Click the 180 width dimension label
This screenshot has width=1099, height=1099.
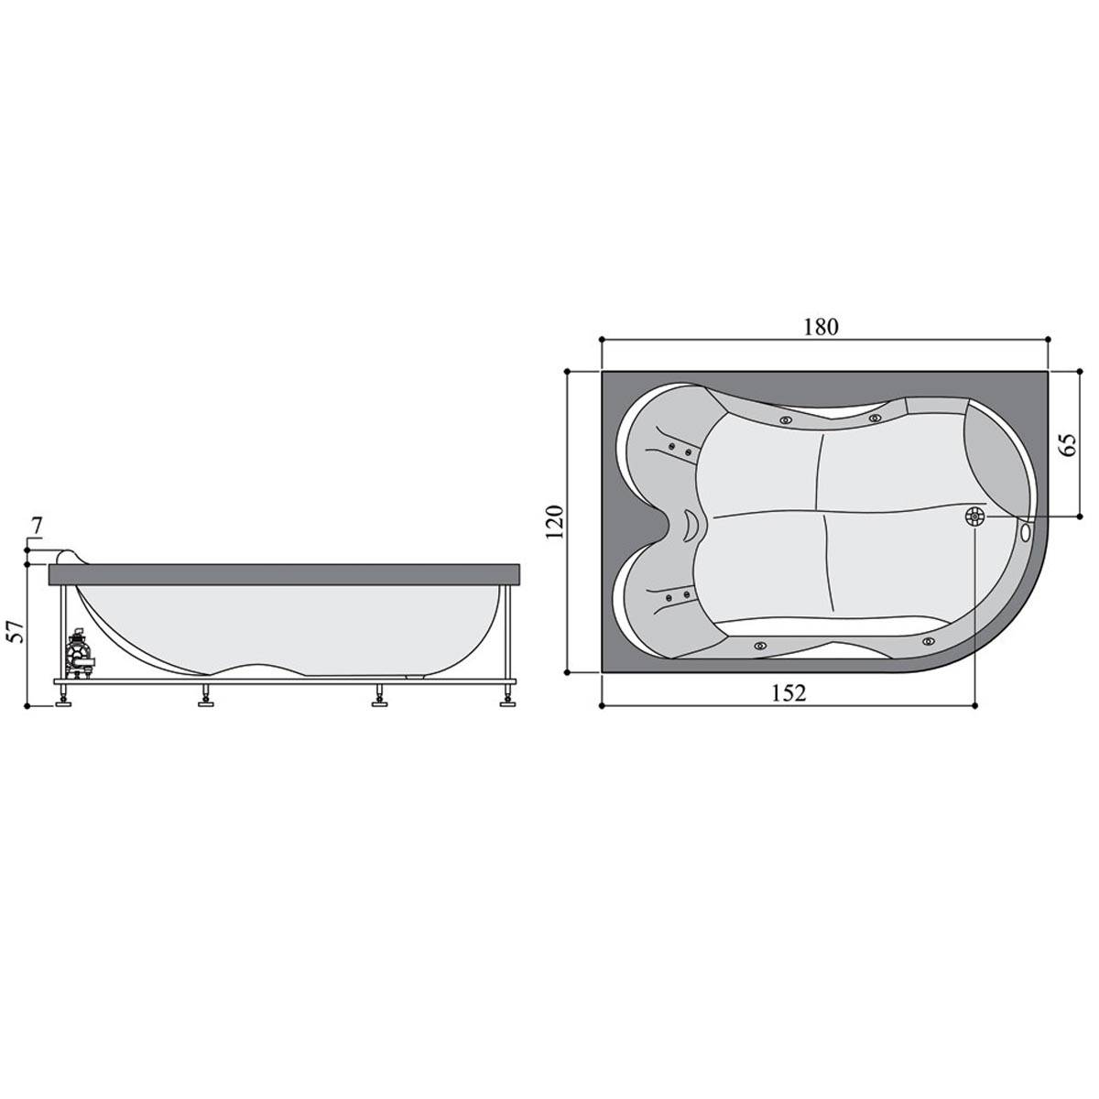822,327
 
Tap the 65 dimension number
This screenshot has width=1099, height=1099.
1068,444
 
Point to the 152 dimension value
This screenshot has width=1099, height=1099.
789,693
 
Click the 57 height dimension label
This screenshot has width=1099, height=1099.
17,631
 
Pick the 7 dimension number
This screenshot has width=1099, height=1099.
37,527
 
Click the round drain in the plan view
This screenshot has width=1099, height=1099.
974,517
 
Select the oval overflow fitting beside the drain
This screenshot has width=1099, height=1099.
1026,531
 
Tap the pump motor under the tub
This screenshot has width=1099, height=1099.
80,657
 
